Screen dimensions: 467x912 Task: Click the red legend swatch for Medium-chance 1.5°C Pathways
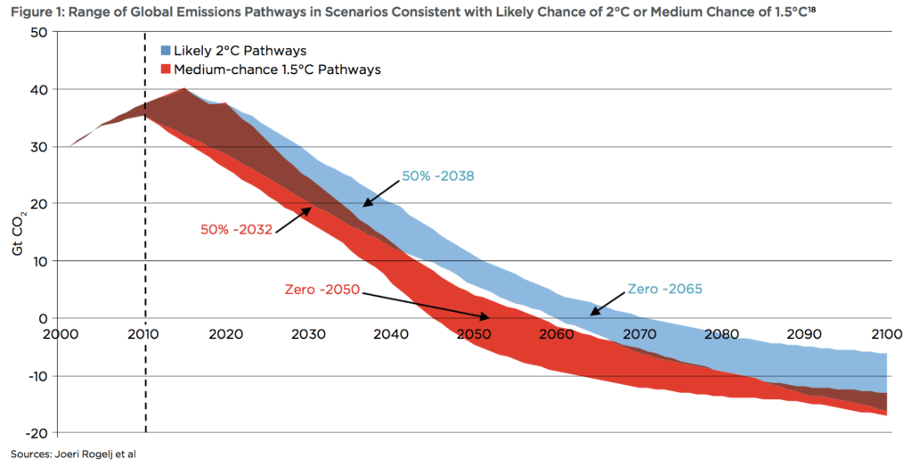pyautogui.click(x=167, y=70)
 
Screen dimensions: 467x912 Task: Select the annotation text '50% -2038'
pyautogui.click(x=437, y=176)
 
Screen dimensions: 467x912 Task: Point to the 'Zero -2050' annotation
pyautogui.click(x=322, y=290)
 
